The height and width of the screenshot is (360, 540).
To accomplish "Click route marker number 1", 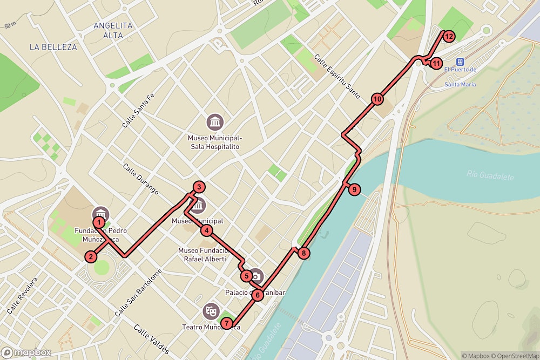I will [x=99, y=222].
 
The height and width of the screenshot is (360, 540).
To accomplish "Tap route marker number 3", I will [x=199, y=187].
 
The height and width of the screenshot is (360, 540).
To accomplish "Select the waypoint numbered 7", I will [x=227, y=323].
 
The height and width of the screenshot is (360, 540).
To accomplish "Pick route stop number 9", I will [x=354, y=189].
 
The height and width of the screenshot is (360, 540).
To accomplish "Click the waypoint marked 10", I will [x=377, y=99].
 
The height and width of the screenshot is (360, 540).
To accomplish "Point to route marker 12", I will [x=448, y=36].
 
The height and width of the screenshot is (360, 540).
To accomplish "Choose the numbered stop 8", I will [x=304, y=253].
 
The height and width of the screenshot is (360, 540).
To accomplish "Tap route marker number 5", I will [x=246, y=276].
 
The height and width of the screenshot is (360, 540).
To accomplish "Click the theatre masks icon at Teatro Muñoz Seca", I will [x=210, y=310].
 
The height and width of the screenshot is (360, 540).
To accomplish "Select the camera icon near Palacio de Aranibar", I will [x=256, y=277].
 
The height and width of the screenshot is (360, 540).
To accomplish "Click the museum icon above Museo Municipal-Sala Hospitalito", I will [x=215, y=121].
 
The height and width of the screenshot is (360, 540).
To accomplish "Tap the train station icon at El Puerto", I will [x=460, y=62].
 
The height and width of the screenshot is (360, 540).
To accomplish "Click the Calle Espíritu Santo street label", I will [x=337, y=76].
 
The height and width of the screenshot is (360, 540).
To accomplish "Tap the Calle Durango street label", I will [x=140, y=179].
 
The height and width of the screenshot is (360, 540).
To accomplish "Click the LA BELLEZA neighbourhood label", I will [x=53, y=47].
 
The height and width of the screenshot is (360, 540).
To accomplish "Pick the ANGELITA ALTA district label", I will [x=112, y=30].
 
